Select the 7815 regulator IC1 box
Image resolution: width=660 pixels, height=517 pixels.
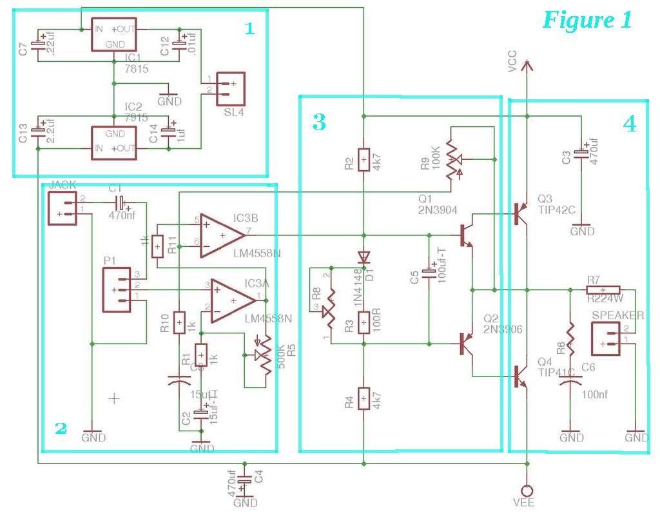(x=114, y=35)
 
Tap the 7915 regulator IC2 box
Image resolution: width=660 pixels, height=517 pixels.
(x=114, y=141)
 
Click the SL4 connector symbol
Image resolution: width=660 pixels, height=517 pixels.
(x=230, y=88)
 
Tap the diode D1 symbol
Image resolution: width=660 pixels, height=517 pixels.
(x=364, y=257)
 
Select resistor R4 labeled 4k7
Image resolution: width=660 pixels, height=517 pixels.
(x=364, y=398)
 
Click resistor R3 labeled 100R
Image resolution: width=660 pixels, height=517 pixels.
(x=364, y=320)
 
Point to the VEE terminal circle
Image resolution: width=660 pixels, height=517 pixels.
(x=527, y=490)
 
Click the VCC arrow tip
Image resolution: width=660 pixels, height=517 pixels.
(x=527, y=63)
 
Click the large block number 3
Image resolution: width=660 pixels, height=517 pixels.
(x=320, y=122)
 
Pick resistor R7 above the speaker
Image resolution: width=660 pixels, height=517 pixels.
(x=603, y=289)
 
